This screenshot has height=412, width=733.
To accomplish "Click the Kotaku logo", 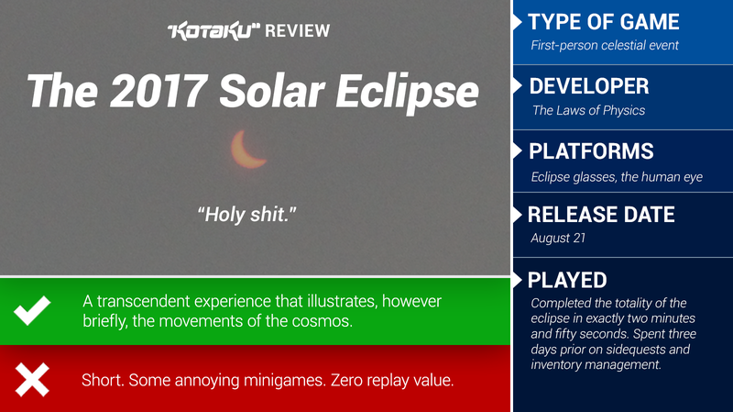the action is coord(213,30).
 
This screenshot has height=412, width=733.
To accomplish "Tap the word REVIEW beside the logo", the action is coord(297,31).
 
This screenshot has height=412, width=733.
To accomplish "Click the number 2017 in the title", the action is coord(159,90).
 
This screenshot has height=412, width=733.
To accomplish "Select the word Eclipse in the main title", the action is coord(407,93).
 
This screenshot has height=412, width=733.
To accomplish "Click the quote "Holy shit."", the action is coord(246,215).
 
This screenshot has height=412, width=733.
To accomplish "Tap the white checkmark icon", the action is coord(32,310).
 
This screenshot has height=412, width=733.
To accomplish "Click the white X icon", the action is coord(32,380).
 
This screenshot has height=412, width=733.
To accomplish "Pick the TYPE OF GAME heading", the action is coord(604,22).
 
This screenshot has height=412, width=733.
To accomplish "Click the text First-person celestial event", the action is coord(605,45).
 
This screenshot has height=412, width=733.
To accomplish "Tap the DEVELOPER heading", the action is coord(589,86).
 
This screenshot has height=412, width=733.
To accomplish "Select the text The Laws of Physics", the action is coord(588,110).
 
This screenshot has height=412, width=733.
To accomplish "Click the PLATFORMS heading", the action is coord(591,151).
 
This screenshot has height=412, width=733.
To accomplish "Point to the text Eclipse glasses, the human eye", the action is coord(617,177).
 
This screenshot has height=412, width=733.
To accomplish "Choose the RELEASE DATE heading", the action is coord(601,215).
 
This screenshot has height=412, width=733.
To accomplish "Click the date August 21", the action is coord(558,238).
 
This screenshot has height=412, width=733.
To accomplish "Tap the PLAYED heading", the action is coord(567,281).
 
